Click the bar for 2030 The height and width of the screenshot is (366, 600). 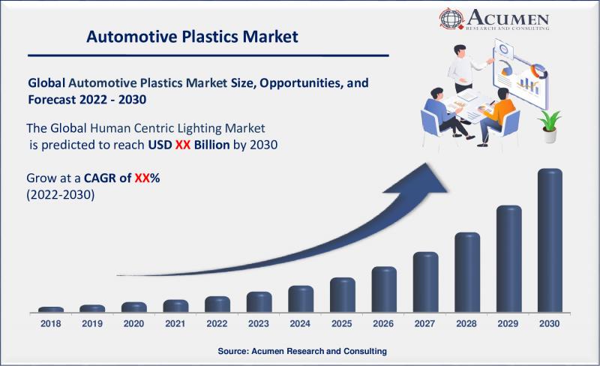click(550, 241)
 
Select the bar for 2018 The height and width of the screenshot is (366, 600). click(51, 310)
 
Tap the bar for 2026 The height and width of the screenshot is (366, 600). click(384, 289)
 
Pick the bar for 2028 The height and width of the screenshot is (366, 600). click(467, 272)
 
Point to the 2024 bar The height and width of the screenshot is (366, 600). click(301, 299)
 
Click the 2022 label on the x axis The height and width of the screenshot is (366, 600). click(217, 323)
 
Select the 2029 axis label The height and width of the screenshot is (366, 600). click(508, 323)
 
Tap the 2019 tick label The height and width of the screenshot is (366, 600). click(92, 323)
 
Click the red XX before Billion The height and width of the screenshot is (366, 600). click(183, 145)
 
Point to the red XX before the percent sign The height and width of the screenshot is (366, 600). click(142, 178)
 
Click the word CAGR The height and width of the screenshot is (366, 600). click(100, 178)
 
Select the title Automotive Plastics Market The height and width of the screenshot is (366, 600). click(192, 37)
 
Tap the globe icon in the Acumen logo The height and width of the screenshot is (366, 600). click(451, 19)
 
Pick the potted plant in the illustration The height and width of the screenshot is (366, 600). click(549, 126)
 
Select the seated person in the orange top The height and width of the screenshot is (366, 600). click(496, 117)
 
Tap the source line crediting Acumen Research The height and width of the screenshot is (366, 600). click(302, 351)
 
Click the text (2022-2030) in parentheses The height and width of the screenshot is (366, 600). click(61, 195)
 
